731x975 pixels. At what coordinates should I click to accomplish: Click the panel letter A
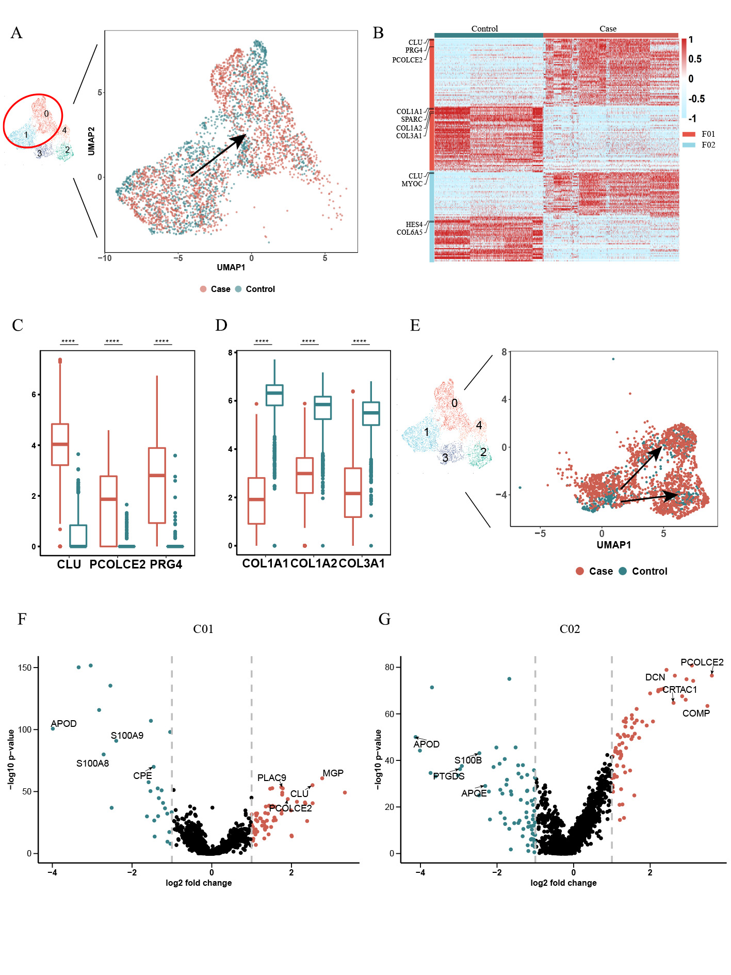point(17,33)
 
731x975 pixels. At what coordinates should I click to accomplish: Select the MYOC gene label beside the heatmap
point(412,184)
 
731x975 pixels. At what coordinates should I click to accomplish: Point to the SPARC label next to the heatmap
point(411,120)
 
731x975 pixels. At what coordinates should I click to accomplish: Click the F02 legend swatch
point(689,145)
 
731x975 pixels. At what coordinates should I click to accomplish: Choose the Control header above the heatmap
point(484,29)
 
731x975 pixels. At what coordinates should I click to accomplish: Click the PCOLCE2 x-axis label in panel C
point(117,564)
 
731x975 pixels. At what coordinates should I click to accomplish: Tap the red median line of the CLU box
point(60,444)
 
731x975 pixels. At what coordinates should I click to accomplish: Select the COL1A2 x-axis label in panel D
point(313,563)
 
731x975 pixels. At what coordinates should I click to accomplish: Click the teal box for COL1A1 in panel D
point(274,395)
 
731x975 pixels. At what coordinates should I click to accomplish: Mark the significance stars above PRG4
point(162,342)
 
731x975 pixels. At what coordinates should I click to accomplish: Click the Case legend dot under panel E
point(580,571)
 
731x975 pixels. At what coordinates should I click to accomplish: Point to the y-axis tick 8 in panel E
point(504,352)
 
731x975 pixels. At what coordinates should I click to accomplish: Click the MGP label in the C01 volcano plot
point(333,773)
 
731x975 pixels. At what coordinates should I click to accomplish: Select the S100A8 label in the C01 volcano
point(92,763)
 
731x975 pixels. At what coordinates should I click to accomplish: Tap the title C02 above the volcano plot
point(570,629)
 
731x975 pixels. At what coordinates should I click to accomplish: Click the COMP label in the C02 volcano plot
point(696,713)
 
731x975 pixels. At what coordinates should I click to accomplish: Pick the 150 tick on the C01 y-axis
point(25,668)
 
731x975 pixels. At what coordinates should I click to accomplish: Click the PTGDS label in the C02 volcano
point(449,776)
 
